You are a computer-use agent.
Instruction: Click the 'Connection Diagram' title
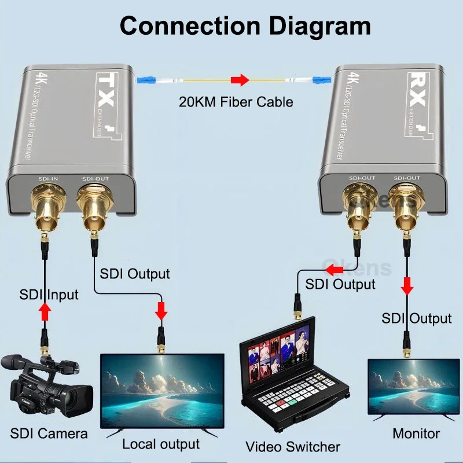pyautogui.click(x=245, y=26)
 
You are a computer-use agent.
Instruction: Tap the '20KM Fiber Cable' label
pyautogui.click(x=236, y=102)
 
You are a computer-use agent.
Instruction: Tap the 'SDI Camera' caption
pyautogui.click(x=49, y=433)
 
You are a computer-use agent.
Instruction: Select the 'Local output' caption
pyautogui.click(x=160, y=444)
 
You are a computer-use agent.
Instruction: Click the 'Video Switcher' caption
pyautogui.click(x=293, y=446)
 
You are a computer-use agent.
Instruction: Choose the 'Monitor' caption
pyautogui.click(x=416, y=433)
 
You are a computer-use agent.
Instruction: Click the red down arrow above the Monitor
pyautogui.click(x=407, y=285)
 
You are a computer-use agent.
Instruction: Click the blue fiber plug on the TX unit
pyautogui.click(x=144, y=80)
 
